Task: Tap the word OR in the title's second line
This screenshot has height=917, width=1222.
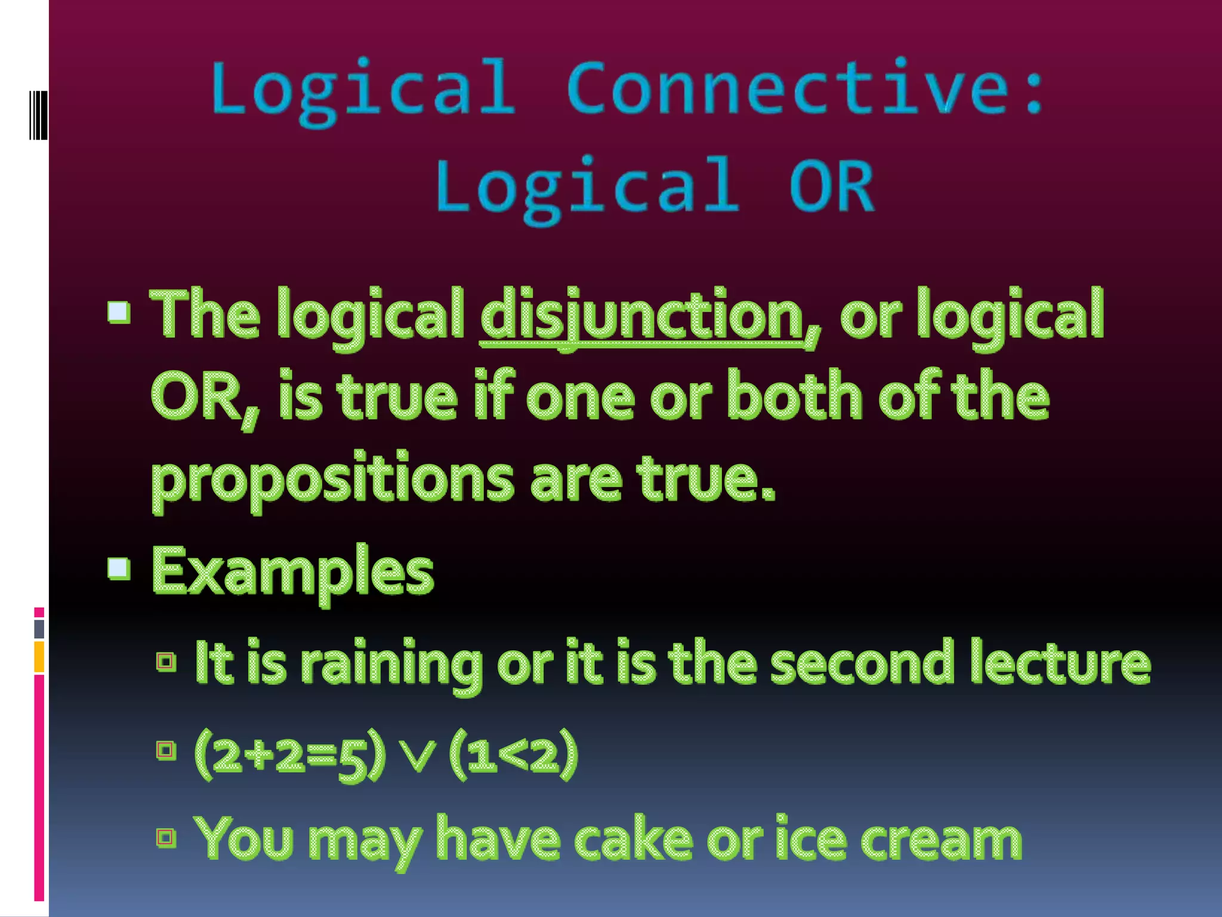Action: click(832, 186)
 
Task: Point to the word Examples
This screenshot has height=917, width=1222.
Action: click(292, 572)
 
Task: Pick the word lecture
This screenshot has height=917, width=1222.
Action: click(1060, 663)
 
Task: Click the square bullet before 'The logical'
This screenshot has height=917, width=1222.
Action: click(119, 312)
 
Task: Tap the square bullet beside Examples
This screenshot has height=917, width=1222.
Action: click(119, 568)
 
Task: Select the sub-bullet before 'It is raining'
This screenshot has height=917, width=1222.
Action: click(166, 661)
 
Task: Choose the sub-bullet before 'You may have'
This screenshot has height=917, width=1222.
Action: click(166, 837)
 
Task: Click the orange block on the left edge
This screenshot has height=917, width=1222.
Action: click(39, 657)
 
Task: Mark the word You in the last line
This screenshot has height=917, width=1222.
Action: click(245, 839)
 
